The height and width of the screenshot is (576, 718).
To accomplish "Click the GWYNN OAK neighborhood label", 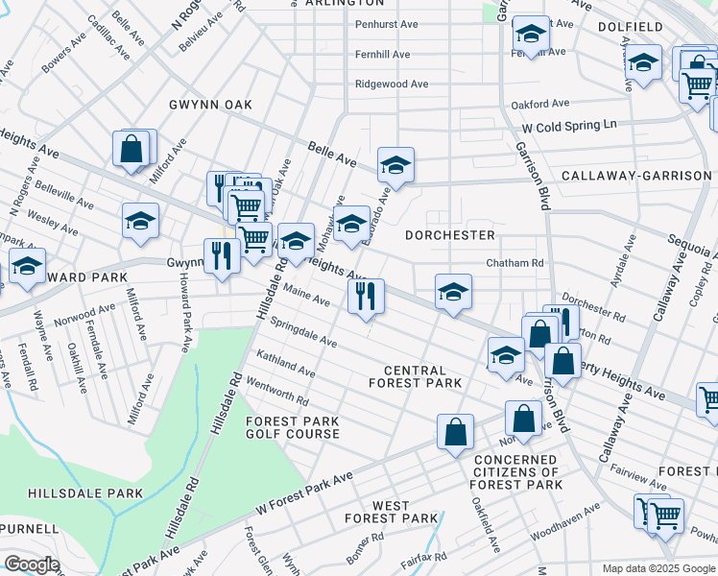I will [208, 104].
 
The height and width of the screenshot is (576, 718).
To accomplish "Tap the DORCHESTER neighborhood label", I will [449, 235].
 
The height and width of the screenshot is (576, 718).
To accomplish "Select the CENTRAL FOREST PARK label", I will [415, 376].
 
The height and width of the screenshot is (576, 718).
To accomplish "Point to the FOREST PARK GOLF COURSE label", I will [293, 427].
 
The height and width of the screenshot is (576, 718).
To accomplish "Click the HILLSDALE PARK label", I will [85, 493].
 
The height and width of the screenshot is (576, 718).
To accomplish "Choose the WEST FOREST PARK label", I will [392, 512].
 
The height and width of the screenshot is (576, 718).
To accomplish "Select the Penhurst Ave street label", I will [387, 25].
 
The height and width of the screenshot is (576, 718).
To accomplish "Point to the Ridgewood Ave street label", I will [392, 84].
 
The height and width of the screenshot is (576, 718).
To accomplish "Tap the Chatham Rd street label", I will [515, 263].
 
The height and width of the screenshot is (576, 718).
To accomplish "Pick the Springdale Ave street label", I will [302, 332].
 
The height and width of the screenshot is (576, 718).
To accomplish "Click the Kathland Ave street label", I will [285, 364].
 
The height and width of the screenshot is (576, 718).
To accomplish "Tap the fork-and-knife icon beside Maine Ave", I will [366, 296].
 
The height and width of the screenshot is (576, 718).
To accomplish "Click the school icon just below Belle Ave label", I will [395, 165].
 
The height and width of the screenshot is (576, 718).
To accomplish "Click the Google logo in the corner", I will [31, 564].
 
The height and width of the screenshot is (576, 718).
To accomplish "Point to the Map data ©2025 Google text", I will [658, 568].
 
